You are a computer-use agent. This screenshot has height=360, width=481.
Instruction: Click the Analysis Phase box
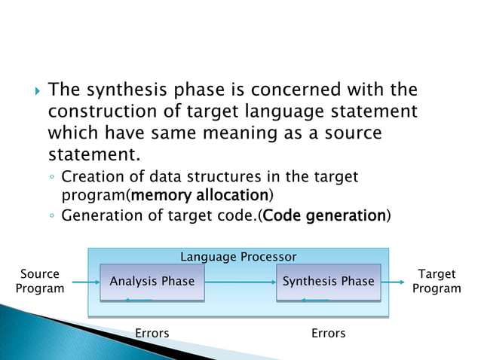(x=152, y=282)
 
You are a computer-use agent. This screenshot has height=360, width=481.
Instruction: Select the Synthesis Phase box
(x=328, y=282)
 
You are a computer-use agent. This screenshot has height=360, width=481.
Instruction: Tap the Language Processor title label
(x=238, y=257)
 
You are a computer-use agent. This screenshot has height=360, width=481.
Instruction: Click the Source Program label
(x=40, y=282)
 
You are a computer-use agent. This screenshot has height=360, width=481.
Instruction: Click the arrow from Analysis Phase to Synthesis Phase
(x=240, y=282)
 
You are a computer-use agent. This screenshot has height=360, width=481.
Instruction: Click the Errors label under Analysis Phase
(x=152, y=333)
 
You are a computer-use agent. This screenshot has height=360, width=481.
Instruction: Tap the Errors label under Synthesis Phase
(x=328, y=333)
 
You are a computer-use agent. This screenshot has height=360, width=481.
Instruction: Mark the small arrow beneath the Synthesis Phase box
(x=315, y=300)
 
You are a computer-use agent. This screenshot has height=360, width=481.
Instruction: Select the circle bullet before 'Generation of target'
(x=51, y=216)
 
